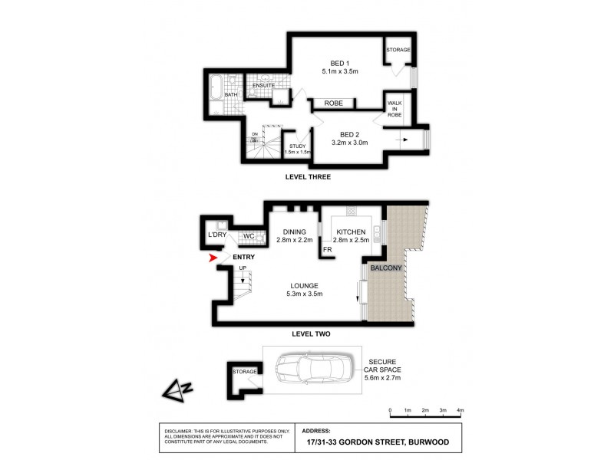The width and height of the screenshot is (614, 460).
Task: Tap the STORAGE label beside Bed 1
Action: click(398, 51)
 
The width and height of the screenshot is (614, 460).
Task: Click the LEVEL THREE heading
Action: click(307, 177)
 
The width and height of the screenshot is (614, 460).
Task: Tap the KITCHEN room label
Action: click(349, 232)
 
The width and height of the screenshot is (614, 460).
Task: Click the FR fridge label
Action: click(326, 249)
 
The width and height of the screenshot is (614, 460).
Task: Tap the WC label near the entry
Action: click(249, 236)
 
